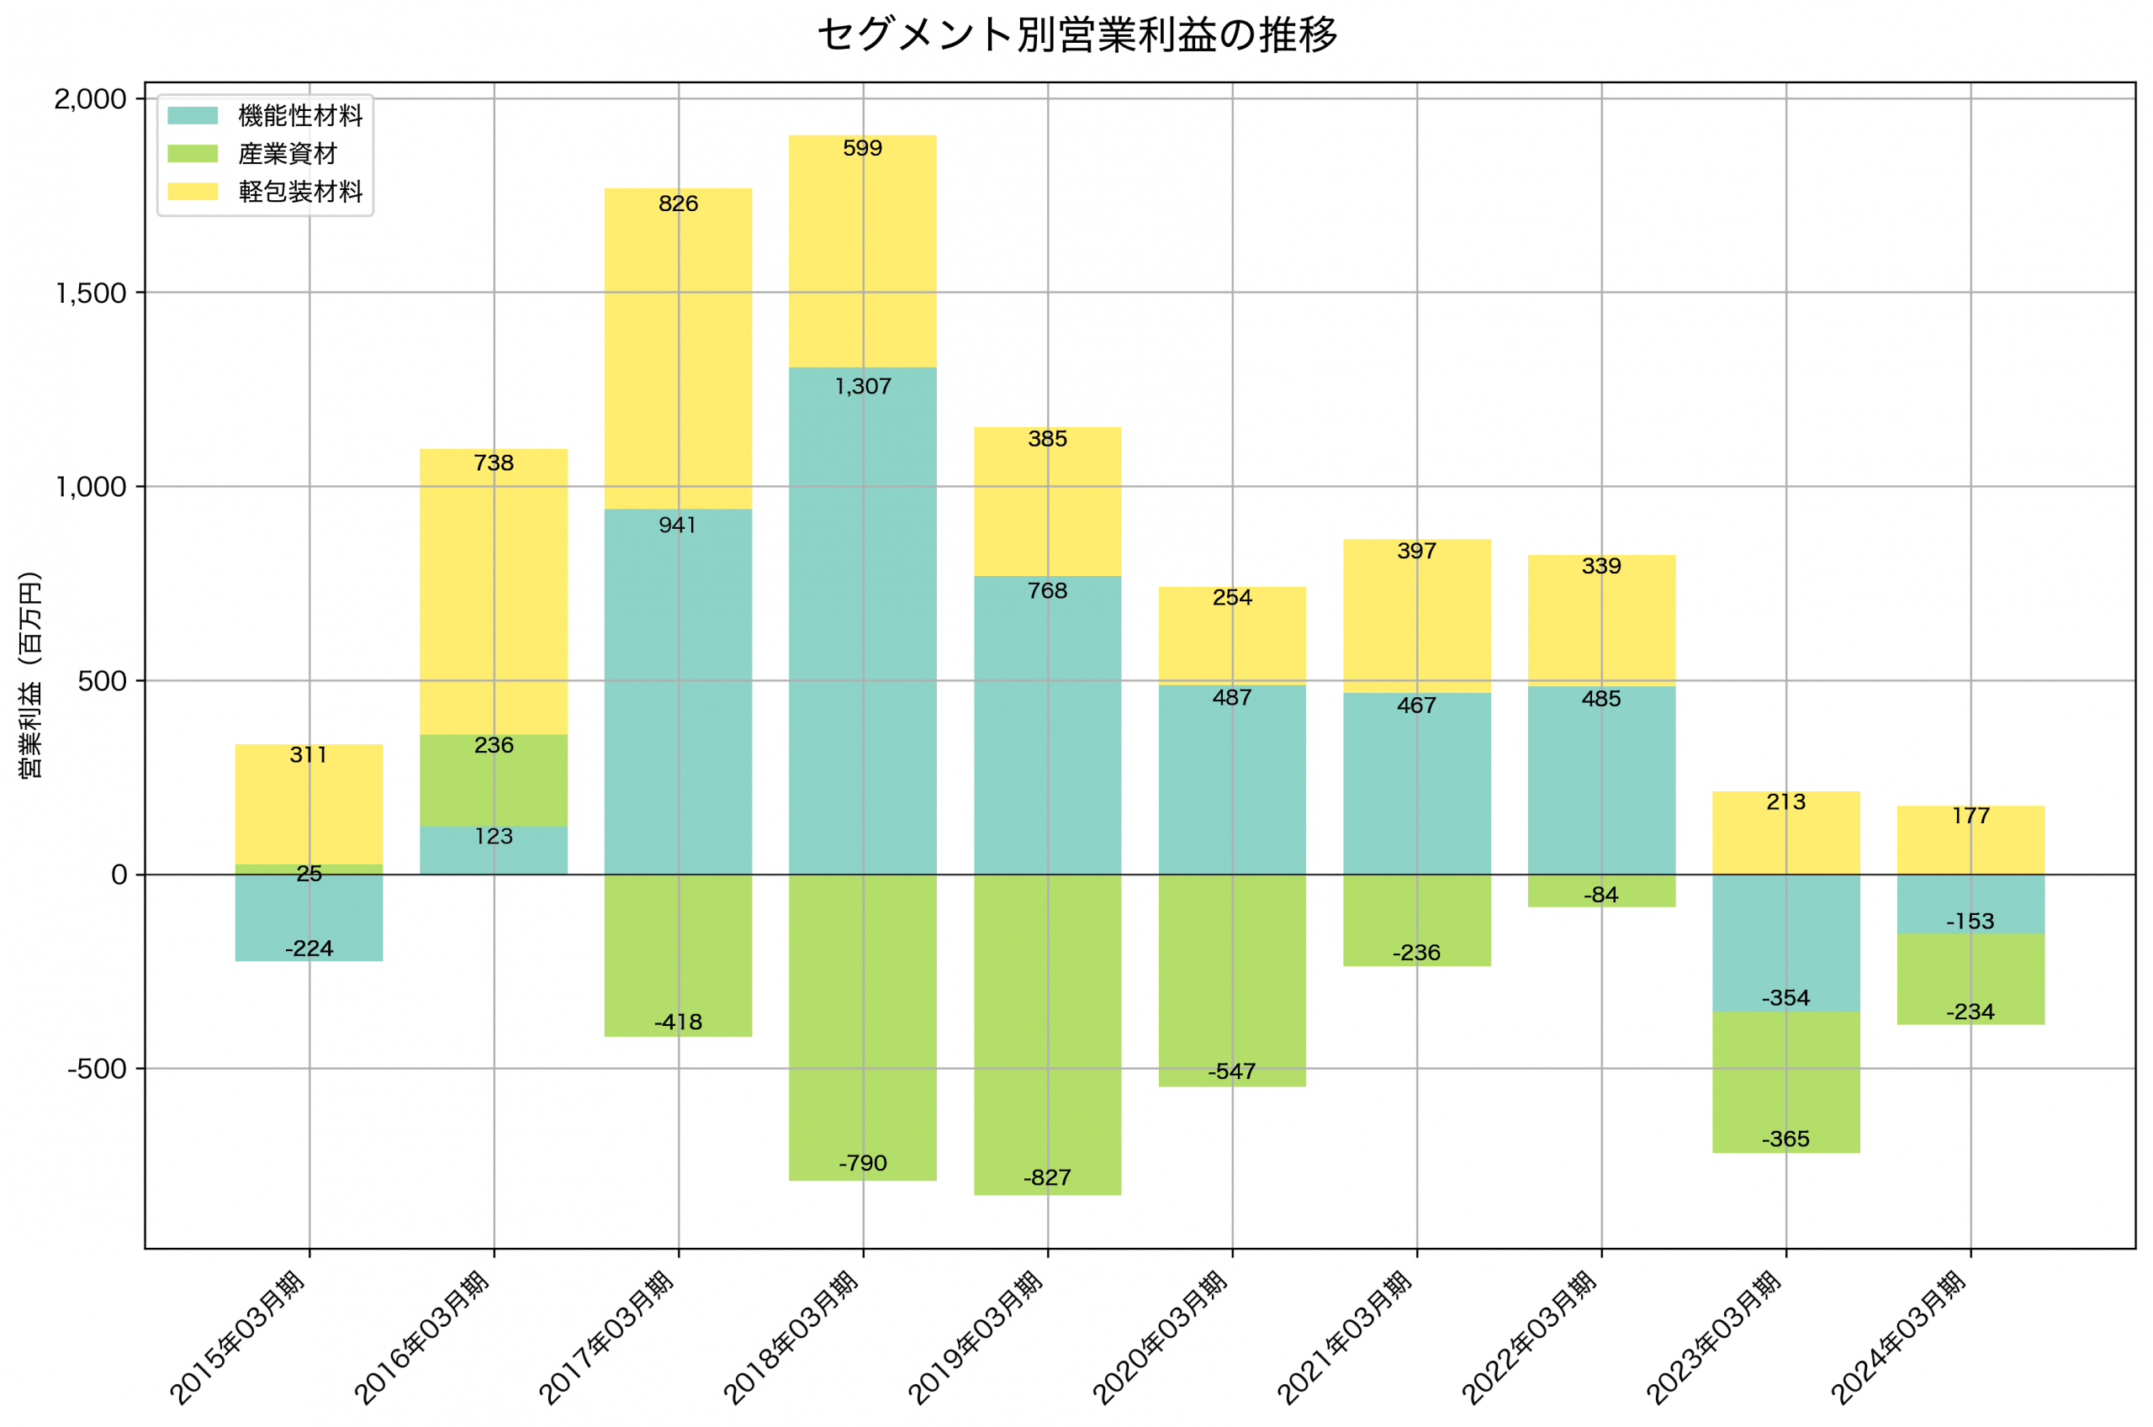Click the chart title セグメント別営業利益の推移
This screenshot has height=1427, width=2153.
pos(1076,35)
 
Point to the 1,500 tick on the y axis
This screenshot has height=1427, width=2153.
pos(91,293)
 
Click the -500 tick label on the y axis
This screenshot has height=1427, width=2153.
pos(97,1070)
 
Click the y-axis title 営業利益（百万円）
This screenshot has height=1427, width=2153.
pos(30,674)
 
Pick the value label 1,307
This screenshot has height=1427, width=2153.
pos(863,387)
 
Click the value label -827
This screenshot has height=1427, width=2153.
pos(1047,1177)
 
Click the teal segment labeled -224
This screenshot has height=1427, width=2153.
pos(309,915)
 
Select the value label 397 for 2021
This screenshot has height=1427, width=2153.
pos(1417,551)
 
